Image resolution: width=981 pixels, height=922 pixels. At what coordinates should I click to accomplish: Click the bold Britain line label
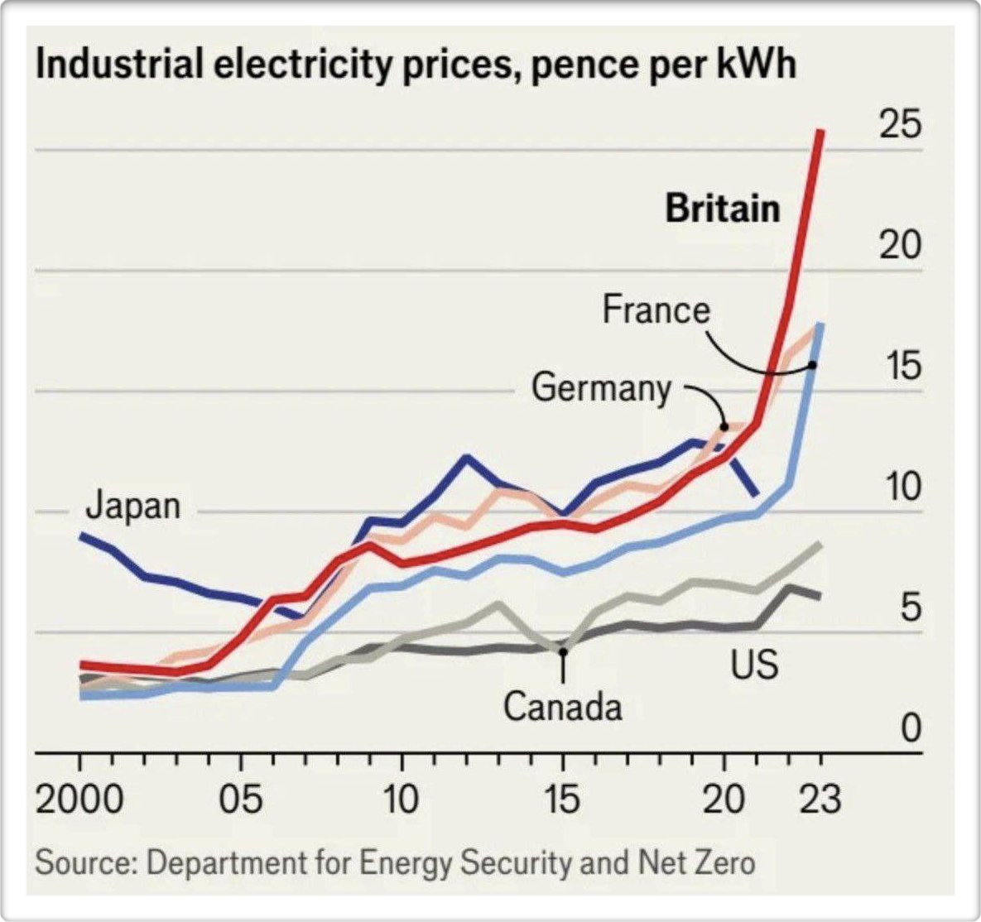(722, 209)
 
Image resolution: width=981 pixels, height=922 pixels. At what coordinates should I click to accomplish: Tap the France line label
(656, 310)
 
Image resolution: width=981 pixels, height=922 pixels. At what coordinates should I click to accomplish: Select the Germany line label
(601, 387)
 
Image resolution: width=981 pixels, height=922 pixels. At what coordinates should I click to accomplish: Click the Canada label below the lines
(562, 708)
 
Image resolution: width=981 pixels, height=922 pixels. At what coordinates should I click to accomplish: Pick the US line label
(754, 664)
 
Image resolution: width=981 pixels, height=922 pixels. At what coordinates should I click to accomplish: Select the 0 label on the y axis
(911, 729)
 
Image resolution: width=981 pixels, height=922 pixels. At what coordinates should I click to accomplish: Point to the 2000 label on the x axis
(79, 800)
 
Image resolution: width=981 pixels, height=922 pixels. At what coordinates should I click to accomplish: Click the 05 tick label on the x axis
(241, 800)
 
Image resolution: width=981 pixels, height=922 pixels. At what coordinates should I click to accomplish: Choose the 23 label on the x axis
(820, 800)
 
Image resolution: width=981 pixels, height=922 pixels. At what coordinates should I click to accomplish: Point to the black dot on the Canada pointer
(563, 652)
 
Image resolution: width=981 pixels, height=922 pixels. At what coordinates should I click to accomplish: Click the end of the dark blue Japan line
(755, 495)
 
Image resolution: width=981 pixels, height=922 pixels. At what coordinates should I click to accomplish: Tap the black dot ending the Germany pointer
(724, 427)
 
